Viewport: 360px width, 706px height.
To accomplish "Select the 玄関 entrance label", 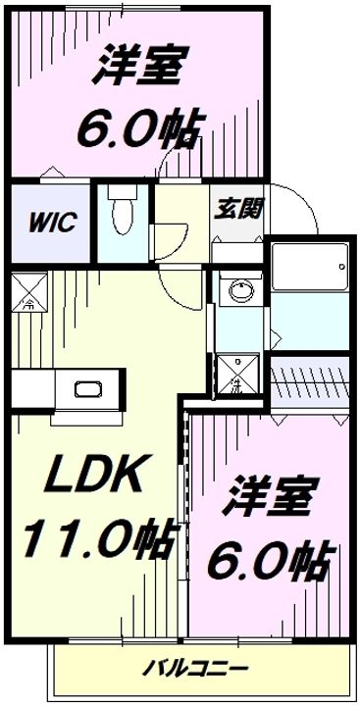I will click(236, 208).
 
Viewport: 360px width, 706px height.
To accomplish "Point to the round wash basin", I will click(236, 289).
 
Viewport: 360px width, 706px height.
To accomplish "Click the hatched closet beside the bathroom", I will click(306, 377).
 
